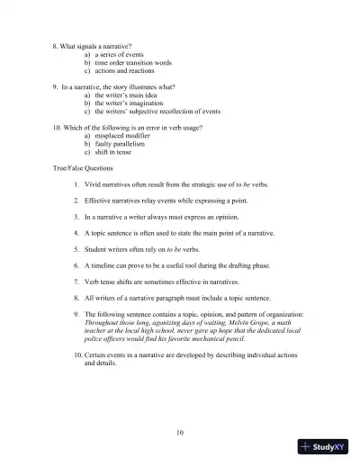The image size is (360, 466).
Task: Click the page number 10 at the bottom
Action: tap(180, 433)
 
